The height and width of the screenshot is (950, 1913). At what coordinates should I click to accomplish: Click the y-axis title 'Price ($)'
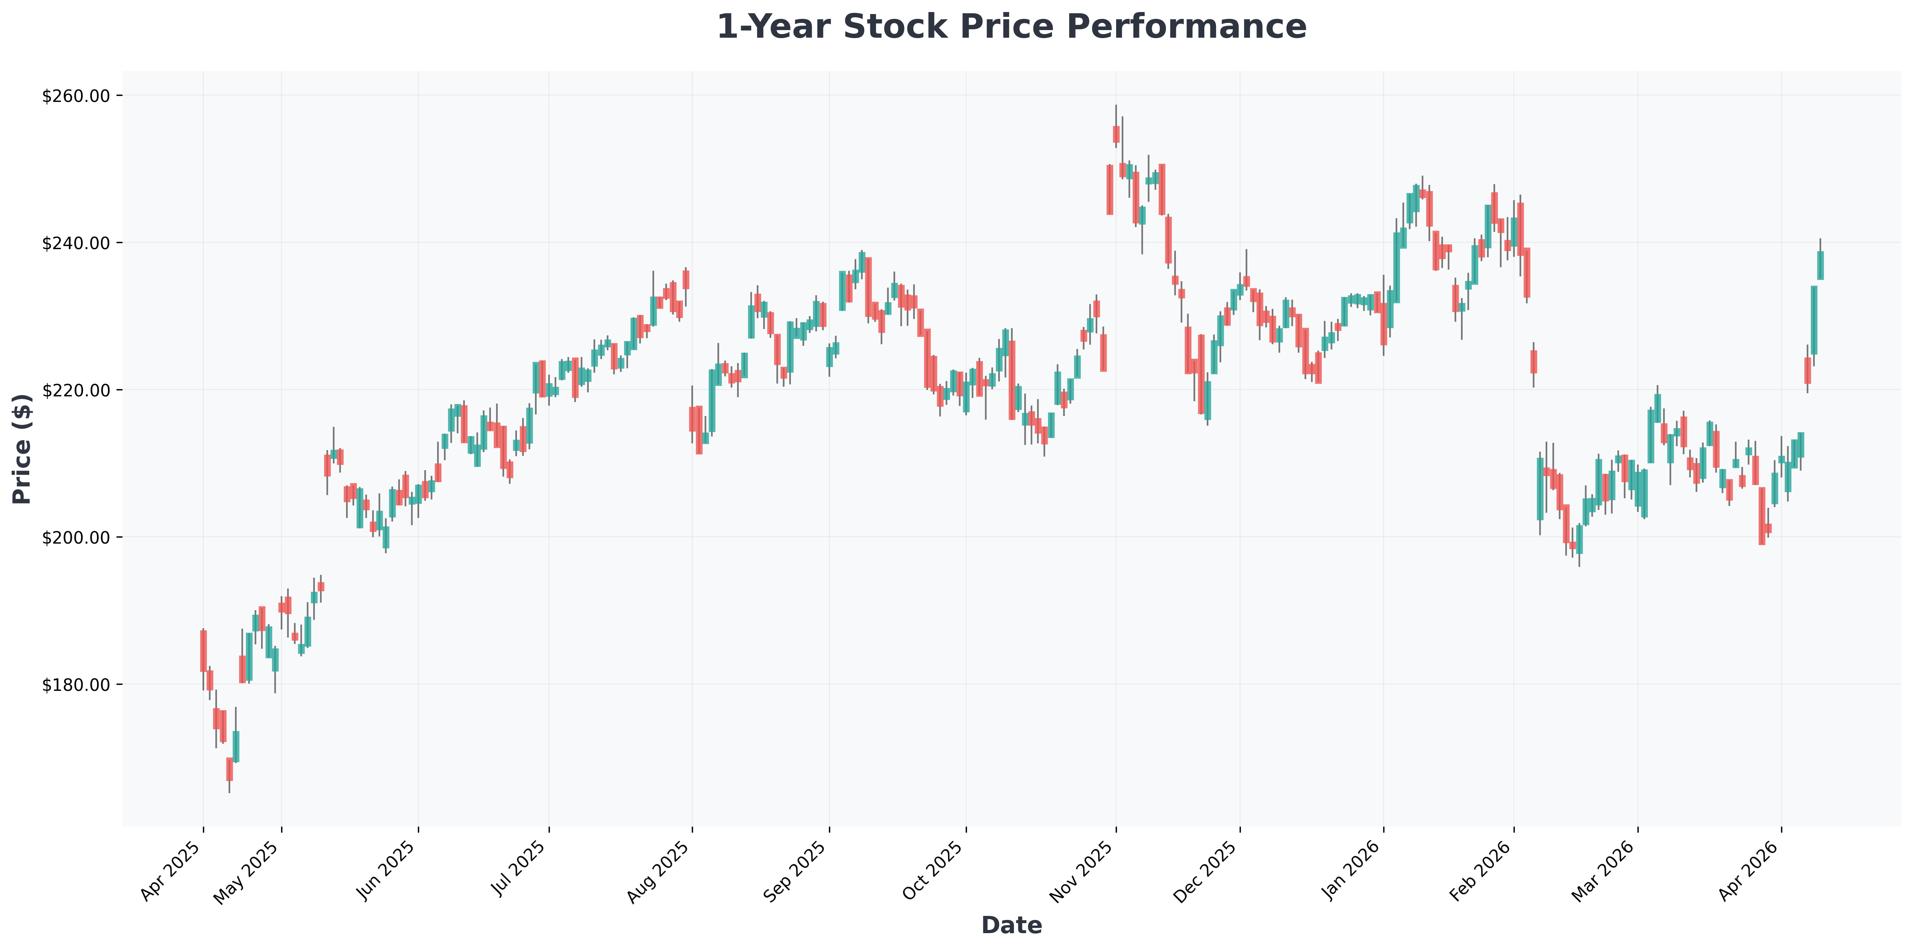pos(22,449)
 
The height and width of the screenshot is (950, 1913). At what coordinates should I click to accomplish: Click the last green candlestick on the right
pos(1820,265)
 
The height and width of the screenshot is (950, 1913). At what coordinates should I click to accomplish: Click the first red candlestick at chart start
pos(203,651)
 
